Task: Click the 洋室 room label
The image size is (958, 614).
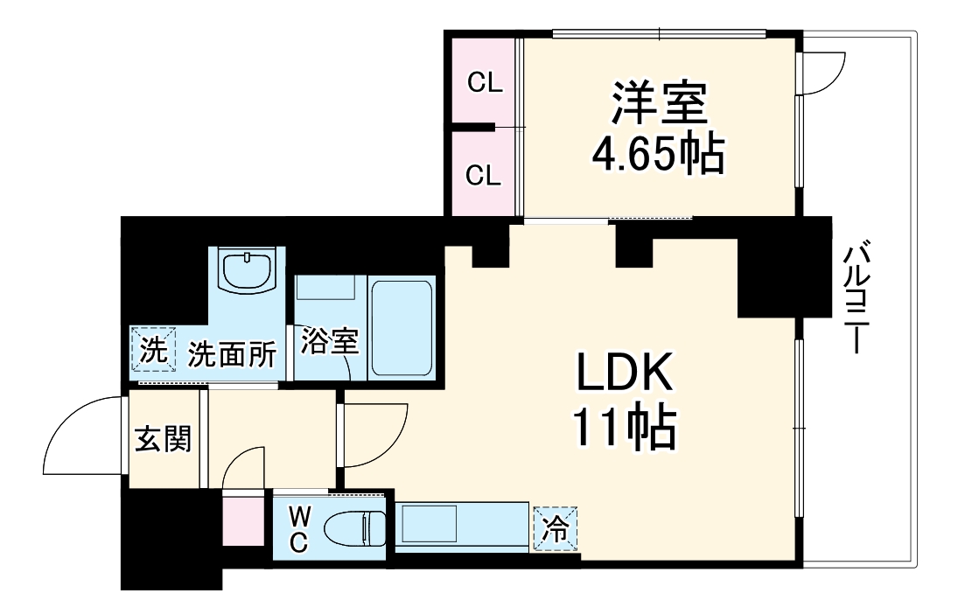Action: click(x=658, y=103)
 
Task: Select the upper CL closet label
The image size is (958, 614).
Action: click(x=484, y=83)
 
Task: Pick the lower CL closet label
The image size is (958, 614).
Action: click(x=484, y=175)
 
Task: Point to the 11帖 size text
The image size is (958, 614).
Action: click(x=624, y=429)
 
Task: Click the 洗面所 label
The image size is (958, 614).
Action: click(x=232, y=355)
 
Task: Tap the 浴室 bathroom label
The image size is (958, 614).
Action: click(x=330, y=342)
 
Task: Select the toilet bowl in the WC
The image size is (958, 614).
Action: click(x=355, y=529)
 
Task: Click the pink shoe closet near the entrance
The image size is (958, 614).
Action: click(x=241, y=519)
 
